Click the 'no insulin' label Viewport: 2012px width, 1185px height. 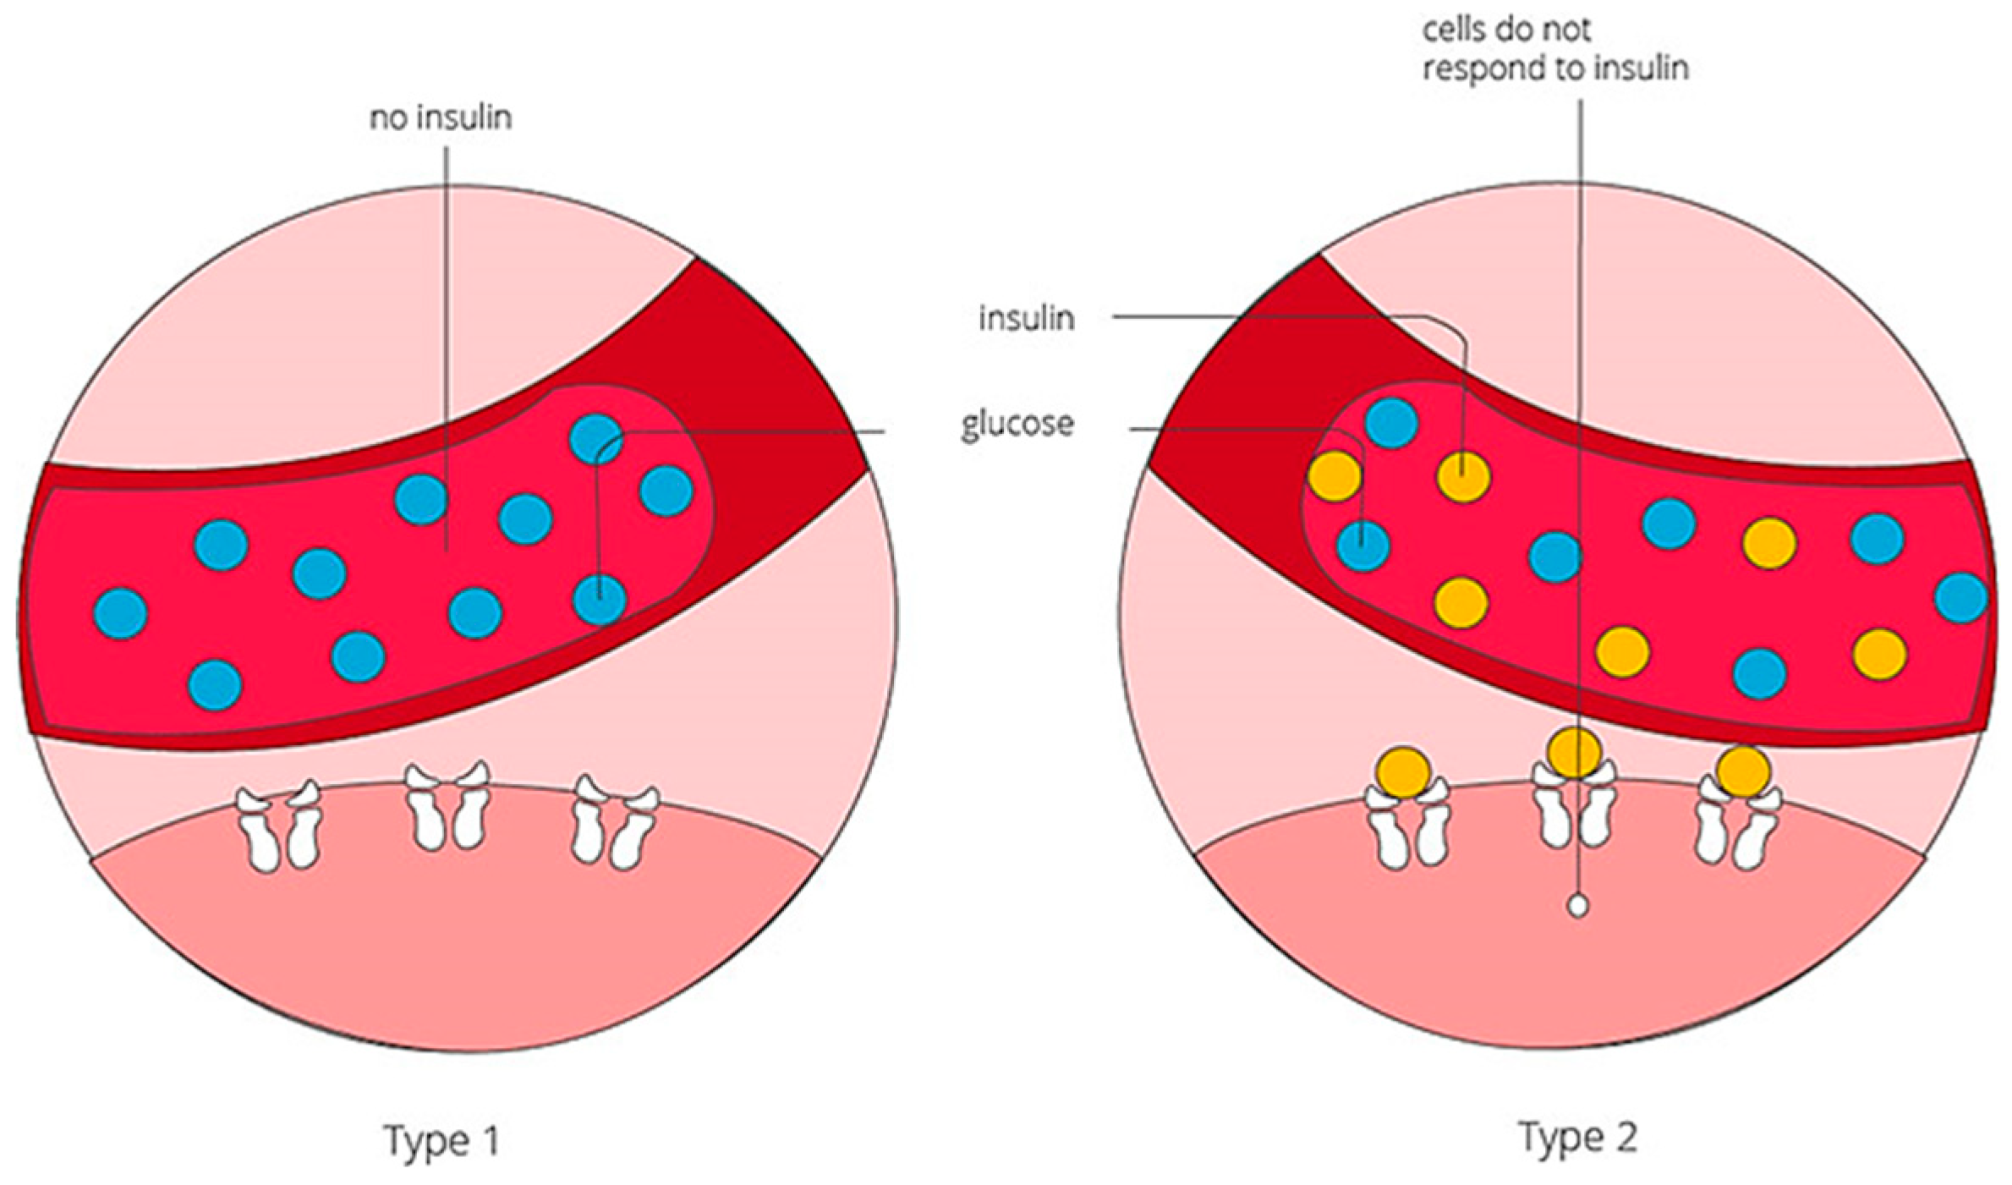click(x=441, y=118)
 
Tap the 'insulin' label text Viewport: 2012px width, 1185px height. click(x=1026, y=319)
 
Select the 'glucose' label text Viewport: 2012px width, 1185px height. click(x=1017, y=424)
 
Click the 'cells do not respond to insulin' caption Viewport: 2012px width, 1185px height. click(x=1554, y=49)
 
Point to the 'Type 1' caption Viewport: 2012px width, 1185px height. click(x=441, y=1139)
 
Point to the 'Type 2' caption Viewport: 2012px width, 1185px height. click(x=1578, y=1137)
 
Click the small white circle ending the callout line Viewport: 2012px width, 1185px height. click(x=1577, y=906)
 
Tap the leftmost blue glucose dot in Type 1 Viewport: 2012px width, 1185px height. click(x=121, y=613)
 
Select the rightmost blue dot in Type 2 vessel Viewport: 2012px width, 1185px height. click(x=1960, y=598)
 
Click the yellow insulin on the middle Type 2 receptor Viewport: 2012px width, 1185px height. click(x=1575, y=752)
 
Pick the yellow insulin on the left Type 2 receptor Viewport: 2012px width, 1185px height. click(x=1404, y=771)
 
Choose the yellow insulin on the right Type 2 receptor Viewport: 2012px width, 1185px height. click(x=1743, y=771)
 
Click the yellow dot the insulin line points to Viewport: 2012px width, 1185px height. click(x=1464, y=477)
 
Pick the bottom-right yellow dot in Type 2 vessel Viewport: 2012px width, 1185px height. click(x=1879, y=654)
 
